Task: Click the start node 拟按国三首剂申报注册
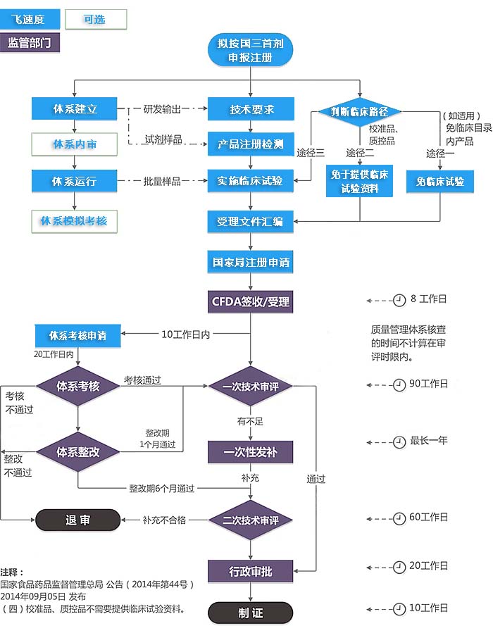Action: tap(250, 51)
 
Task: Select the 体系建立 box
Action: tap(75, 108)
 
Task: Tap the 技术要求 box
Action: tap(250, 109)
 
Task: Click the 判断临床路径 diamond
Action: tap(360, 111)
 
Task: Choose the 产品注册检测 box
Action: tap(250, 144)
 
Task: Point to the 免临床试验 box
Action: tap(440, 181)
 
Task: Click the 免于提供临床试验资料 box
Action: tap(360, 181)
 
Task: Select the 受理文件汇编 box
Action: tap(250, 221)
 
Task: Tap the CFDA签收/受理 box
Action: tap(250, 302)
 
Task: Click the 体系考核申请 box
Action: tap(77, 335)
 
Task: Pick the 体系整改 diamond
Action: tap(77, 451)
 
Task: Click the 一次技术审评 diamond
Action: tap(250, 386)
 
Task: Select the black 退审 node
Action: tap(77, 520)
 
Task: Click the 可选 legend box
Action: tap(96, 20)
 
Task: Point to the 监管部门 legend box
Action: tap(30, 43)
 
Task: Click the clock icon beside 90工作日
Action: tap(400, 384)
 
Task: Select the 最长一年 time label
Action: tap(429, 441)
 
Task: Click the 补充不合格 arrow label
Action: tap(164, 520)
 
